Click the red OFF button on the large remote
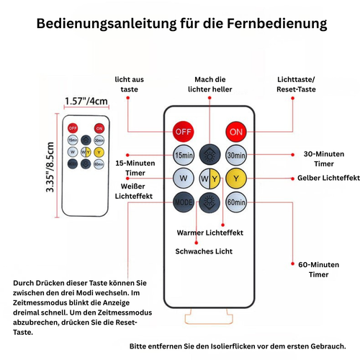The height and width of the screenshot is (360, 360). (x=184, y=132)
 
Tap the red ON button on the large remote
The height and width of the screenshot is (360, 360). (x=236, y=132)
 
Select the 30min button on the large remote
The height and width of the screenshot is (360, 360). (x=236, y=155)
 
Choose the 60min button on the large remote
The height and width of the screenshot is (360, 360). (x=236, y=202)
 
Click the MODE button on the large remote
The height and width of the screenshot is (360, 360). (x=184, y=202)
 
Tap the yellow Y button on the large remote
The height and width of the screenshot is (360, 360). (x=236, y=179)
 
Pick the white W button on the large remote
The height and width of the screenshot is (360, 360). (x=184, y=179)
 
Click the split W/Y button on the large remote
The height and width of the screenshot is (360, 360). (x=210, y=179)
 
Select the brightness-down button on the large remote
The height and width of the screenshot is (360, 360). (x=210, y=202)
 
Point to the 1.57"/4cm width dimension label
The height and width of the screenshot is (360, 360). (x=86, y=101)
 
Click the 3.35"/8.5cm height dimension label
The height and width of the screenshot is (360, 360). (x=50, y=167)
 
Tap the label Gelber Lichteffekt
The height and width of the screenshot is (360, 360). (x=328, y=178)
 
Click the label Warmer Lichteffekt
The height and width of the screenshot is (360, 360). (x=210, y=233)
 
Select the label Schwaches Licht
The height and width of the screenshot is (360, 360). (x=204, y=251)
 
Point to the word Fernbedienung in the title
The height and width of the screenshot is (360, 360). (x=277, y=24)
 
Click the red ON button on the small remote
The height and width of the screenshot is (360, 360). (x=99, y=128)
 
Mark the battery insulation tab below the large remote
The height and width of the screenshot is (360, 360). (x=209, y=316)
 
